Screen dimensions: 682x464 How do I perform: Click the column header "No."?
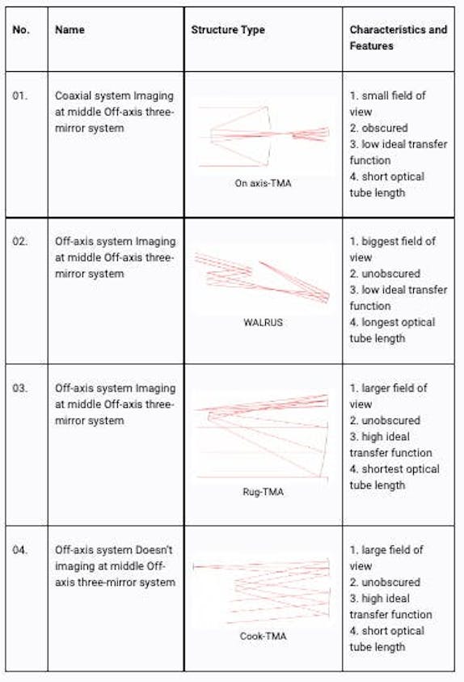tap(20, 30)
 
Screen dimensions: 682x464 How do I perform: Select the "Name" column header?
tap(70, 30)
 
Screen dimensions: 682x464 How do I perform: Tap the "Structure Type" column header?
tap(228, 30)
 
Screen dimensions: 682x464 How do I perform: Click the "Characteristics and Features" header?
tap(398, 38)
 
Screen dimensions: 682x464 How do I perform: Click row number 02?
tap(20, 241)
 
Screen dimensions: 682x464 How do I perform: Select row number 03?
tap(20, 388)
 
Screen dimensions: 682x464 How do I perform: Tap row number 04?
tap(20, 550)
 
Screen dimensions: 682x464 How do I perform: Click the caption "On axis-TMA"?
tap(263, 184)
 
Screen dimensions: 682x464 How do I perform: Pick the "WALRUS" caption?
tap(263, 321)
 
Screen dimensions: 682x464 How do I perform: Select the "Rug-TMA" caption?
tap(263, 491)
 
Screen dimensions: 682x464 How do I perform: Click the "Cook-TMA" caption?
tap(263, 636)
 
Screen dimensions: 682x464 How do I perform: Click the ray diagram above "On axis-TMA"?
tap(263, 136)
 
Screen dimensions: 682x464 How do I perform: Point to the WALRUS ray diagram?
tap(263, 279)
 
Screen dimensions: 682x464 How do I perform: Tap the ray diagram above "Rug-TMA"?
tap(263, 437)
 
